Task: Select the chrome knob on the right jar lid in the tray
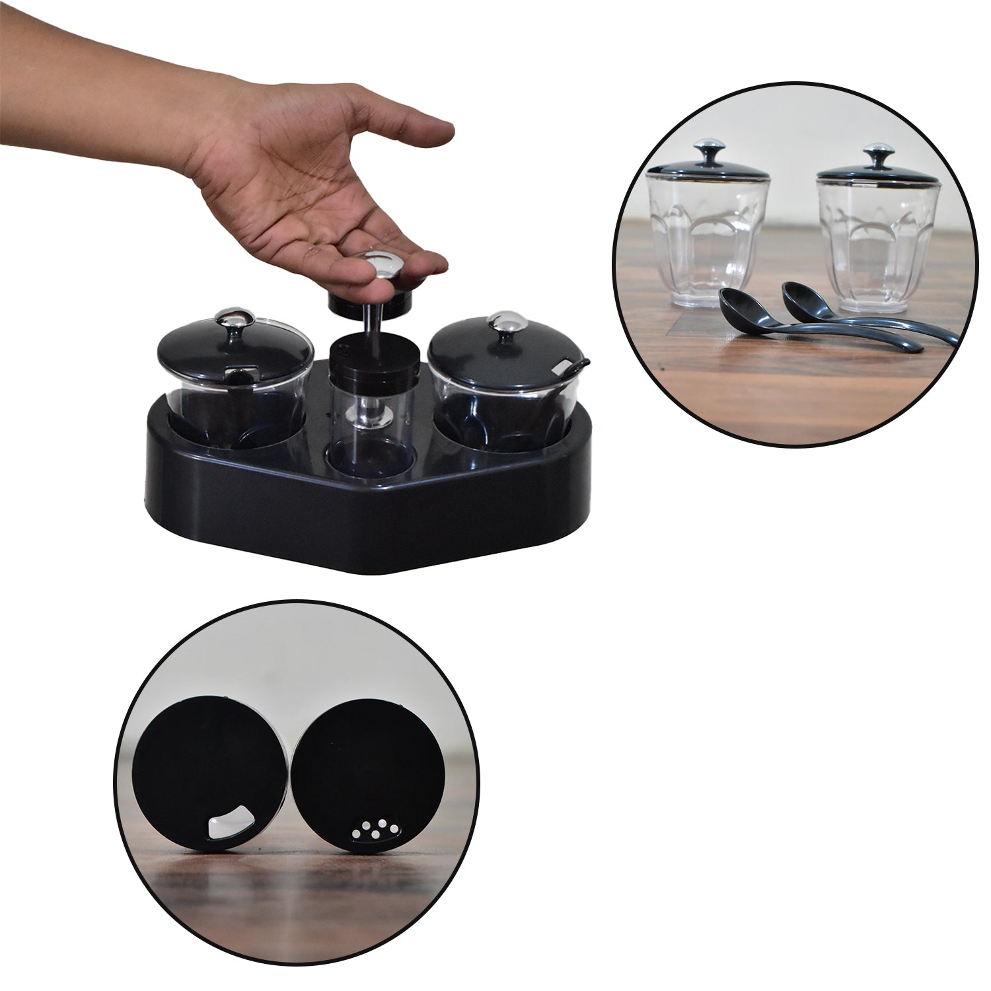(504, 324)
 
